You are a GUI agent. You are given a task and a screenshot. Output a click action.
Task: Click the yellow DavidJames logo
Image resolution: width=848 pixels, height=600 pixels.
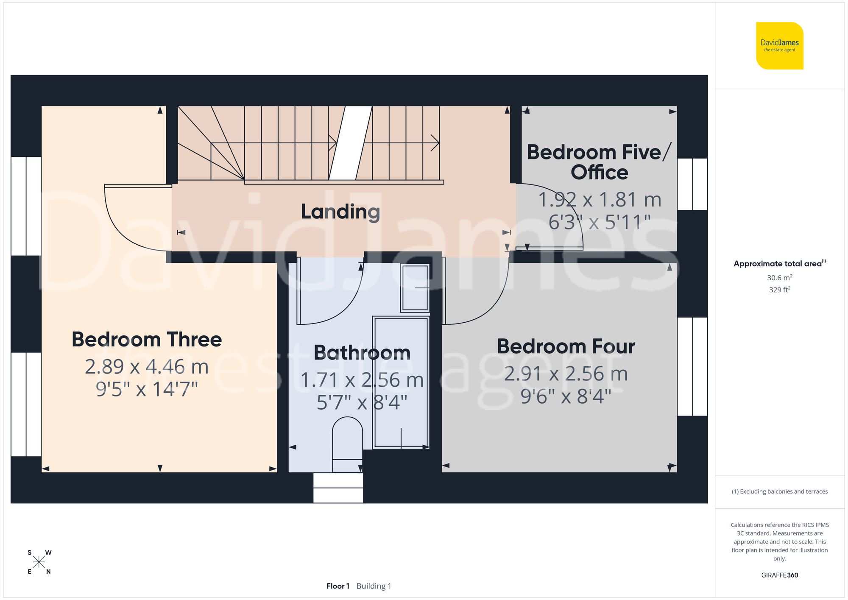(779, 46)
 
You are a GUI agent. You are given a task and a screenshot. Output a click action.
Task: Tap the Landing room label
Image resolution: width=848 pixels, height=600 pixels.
(340, 212)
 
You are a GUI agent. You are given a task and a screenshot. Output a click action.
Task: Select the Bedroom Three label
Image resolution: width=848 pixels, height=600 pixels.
(147, 340)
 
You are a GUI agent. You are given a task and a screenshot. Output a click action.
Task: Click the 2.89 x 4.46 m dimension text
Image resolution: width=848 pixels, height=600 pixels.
(147, 367)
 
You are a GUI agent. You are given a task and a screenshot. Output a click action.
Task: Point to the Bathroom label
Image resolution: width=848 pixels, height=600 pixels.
(362, 353)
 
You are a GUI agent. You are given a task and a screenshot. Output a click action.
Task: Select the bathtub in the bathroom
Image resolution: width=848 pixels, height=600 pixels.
(401, 382)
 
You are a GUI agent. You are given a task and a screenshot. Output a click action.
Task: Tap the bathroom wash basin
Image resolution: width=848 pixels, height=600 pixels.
(415, 288)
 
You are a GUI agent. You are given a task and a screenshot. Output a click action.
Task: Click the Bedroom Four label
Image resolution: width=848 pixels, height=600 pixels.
(566, 346)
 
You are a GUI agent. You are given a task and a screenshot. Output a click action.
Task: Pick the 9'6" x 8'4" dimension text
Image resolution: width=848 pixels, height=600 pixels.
(566, 396)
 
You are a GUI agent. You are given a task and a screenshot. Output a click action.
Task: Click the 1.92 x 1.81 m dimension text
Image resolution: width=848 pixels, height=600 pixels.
(600, 200)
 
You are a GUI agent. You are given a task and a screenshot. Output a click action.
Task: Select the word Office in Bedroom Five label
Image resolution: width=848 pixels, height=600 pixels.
(599, 173)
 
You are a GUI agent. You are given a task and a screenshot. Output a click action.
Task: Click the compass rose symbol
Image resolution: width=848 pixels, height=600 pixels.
(39, 562)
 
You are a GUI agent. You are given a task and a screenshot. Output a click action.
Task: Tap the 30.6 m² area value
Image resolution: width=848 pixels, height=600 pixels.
(779, 278)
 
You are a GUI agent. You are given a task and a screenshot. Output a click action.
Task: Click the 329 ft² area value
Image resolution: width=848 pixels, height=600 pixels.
(779, 290)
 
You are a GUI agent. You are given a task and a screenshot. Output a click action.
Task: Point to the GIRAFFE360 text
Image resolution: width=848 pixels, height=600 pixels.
(779, 575)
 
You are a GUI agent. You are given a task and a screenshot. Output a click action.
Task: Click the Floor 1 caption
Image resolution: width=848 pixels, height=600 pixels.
(338, 586)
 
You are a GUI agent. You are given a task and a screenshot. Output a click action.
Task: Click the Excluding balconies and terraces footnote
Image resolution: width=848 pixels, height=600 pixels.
(779, 491)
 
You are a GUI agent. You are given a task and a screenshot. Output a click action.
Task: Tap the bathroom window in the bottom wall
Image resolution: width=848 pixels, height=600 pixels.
(338, 488)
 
